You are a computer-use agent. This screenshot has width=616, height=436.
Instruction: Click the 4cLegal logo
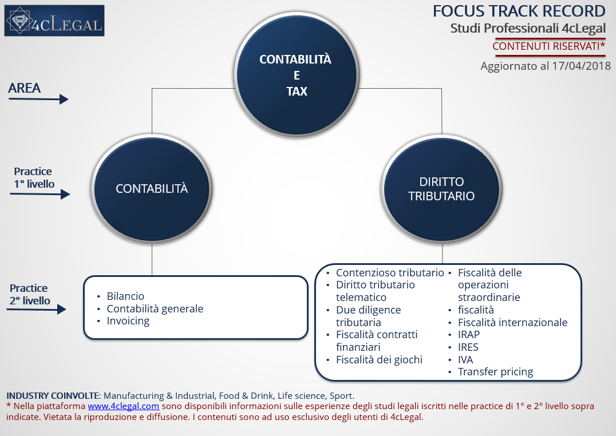(x=54, y=21)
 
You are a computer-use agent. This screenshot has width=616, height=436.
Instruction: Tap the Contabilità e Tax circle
(x=297, y=74)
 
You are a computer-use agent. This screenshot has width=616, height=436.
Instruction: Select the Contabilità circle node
(x=152, y=189)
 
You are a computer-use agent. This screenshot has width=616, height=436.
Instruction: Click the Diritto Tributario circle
(x=441, y=189)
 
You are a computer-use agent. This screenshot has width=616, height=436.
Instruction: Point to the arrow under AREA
(x=38, y=99)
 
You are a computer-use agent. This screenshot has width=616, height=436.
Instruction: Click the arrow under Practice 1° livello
(x=40, y=194)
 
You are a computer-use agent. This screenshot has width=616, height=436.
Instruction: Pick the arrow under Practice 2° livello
(x=37, y=310)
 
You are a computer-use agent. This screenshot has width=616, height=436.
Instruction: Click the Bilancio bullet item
(x=125, y=296)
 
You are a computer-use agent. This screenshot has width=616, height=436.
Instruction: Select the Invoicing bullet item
(x=128, y=322)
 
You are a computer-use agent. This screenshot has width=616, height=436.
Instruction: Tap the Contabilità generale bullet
(x=155, y=309)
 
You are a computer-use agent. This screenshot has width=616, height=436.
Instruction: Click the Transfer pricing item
(x=495, y=372)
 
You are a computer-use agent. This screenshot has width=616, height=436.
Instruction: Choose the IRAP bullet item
(x=469, y=335)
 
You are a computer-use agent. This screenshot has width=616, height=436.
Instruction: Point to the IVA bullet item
(x=465, y=360)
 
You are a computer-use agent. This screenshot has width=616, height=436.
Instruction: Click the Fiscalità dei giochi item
(x=379, y=360)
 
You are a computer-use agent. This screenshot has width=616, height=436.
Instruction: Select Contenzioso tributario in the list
(x=390, y=272)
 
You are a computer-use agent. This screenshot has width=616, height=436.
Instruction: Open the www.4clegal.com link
(x=123, y=406)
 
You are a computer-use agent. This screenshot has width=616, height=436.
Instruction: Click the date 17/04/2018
(x=581, y=66)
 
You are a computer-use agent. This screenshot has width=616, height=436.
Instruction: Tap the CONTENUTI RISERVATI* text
(x=549, y=46)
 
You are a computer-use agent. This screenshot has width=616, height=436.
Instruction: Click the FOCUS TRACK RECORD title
(x=519, y=11)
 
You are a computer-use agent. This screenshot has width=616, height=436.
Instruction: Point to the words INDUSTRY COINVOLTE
(x=53, y=395)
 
